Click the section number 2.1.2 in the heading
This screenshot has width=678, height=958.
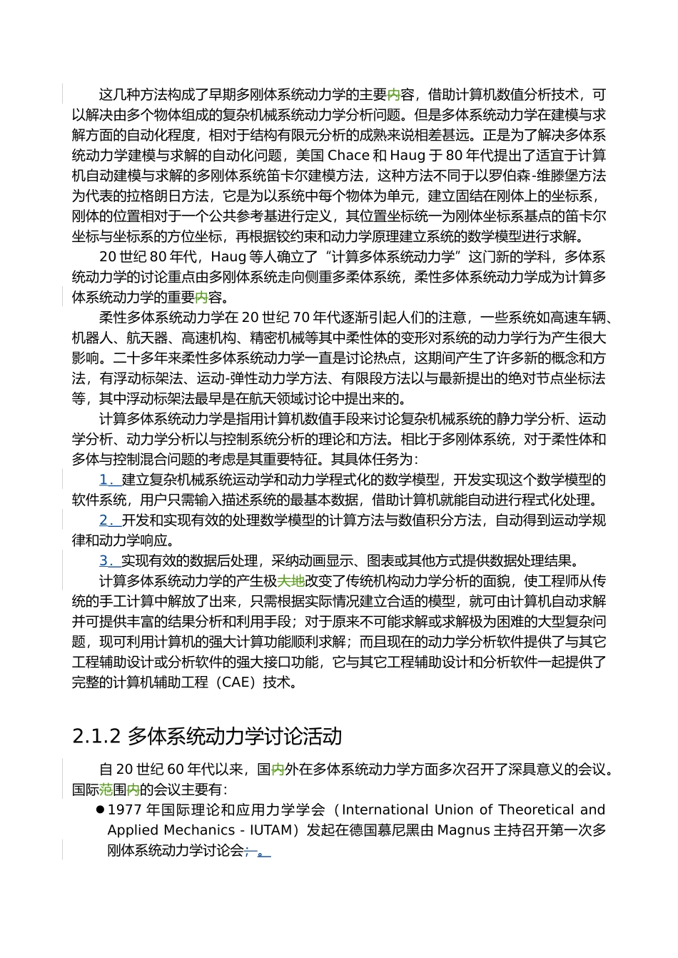pos(96,736)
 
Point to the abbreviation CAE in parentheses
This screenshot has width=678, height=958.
pos(237,682)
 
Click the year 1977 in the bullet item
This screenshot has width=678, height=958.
pos(125,810)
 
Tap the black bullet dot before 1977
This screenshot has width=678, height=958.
pos(99,810)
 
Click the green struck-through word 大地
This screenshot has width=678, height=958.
pos(290,581)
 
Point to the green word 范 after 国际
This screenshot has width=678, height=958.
pos(106,790)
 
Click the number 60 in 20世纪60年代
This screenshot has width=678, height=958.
pos(176,770)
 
